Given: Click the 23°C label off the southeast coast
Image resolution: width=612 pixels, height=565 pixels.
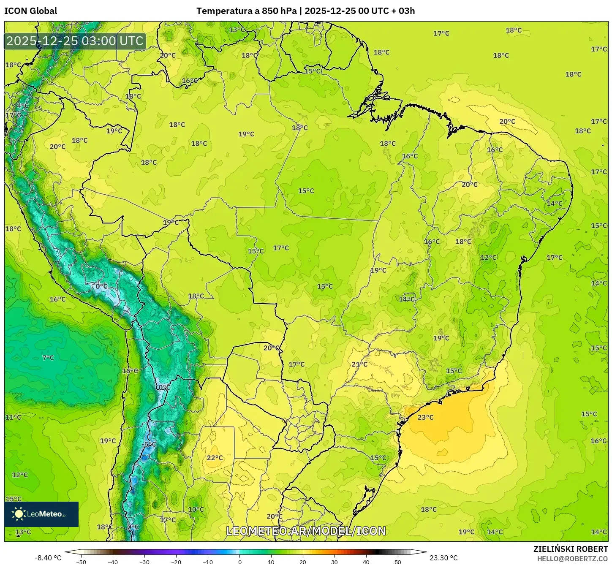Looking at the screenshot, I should [x=425, y=417].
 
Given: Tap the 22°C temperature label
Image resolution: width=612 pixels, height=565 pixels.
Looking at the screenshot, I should [x=215, y=458].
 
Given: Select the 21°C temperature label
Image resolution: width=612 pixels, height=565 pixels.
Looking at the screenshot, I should [x=359, y=364].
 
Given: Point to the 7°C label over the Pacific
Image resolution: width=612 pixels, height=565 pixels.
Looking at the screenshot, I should [x=48, y=358].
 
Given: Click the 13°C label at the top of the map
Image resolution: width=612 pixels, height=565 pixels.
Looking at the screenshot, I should [x=237, y=30].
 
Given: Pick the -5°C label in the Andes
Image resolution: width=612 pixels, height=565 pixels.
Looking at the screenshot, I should [x=149, y=444].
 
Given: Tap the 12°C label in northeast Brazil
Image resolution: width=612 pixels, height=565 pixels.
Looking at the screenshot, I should [x=488, y=257].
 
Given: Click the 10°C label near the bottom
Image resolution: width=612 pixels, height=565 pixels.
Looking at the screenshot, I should [x=196, y=509].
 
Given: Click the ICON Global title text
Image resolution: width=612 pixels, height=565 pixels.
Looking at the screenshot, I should [x=30, y=11].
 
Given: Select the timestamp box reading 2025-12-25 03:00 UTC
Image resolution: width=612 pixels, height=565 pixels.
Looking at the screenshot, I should [x=75, y=41].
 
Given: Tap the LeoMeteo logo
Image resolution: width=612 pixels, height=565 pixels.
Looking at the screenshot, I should [x=41, y=514].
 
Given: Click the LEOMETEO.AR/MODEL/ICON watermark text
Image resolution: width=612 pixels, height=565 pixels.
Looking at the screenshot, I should [x=306, y=531].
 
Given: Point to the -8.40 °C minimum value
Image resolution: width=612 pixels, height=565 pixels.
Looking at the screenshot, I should [x=48, y=558].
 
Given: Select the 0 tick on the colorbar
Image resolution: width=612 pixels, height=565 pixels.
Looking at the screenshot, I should [x=239, y=562].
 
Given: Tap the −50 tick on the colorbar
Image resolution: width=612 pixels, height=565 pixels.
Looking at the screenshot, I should [x=81, y=562].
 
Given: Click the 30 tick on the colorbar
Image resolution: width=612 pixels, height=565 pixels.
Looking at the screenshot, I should [x=335, y=562].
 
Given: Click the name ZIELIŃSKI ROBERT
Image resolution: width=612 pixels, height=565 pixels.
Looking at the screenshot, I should [x=570, y=549].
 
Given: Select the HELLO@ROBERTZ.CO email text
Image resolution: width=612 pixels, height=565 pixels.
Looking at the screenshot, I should [x=572, y=559].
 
